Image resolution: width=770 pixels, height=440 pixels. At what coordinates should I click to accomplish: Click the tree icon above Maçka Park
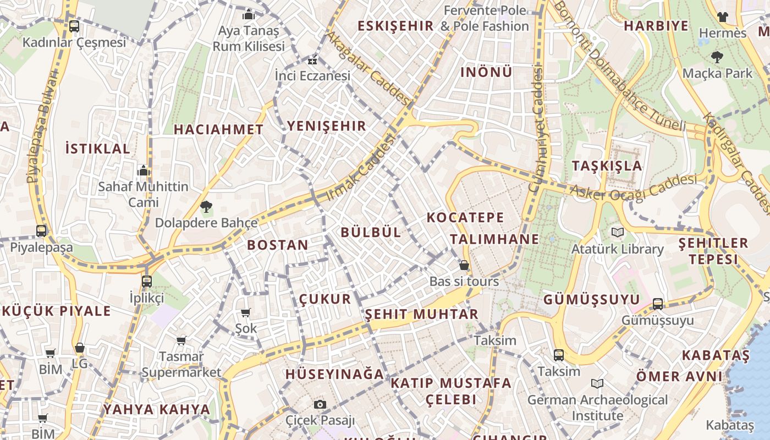click(x=717, y=57)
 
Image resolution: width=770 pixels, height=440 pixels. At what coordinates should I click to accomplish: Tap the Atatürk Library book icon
click(x=618, y=233)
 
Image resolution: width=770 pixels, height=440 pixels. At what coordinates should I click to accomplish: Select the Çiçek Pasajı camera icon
click(x=320, y=405)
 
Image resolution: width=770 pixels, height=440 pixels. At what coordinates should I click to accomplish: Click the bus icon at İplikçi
click(x=147, y=282)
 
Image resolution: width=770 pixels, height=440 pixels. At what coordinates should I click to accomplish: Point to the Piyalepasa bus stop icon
click(x=41, y=231)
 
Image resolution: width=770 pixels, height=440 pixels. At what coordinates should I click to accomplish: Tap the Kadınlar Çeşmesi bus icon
click(x=74, y=26)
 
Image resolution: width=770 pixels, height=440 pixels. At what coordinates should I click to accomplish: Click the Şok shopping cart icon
click(x=245, y=312)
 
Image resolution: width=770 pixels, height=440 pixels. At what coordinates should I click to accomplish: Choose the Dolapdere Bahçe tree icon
click(x=206, y=207)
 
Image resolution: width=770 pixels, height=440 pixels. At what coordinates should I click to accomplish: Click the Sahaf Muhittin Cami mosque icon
click(x=144, y=170)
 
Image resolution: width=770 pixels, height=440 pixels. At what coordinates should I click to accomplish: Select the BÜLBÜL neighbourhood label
click(x=371, y=232)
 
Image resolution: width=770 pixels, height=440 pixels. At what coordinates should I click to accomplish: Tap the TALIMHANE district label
click(x=494, y=239)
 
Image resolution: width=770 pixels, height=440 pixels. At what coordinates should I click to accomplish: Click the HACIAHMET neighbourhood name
click(x=219, y=130)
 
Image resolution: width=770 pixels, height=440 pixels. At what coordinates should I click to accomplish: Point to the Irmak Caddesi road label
click(x=361, y=168)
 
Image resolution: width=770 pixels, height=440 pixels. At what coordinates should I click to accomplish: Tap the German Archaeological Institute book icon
click(x=597, y=383)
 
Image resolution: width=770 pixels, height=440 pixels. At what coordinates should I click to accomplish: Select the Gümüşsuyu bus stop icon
click(x=658, y=304)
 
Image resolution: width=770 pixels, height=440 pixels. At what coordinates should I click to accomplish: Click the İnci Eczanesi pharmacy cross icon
click(x=312, y=61)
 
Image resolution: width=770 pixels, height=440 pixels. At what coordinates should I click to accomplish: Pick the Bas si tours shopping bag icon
click(x=464, y=266)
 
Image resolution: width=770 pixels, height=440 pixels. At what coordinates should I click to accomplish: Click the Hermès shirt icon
click(x=723, y=17)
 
